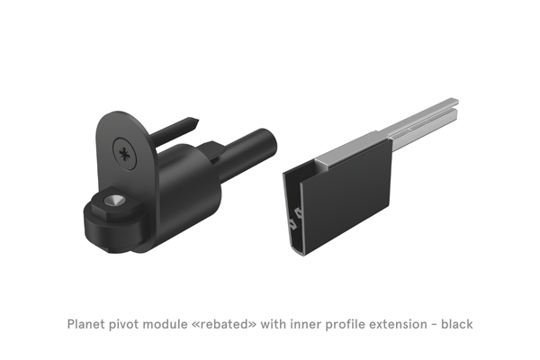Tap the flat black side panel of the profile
point(351,193)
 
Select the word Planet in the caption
point(89,322)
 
